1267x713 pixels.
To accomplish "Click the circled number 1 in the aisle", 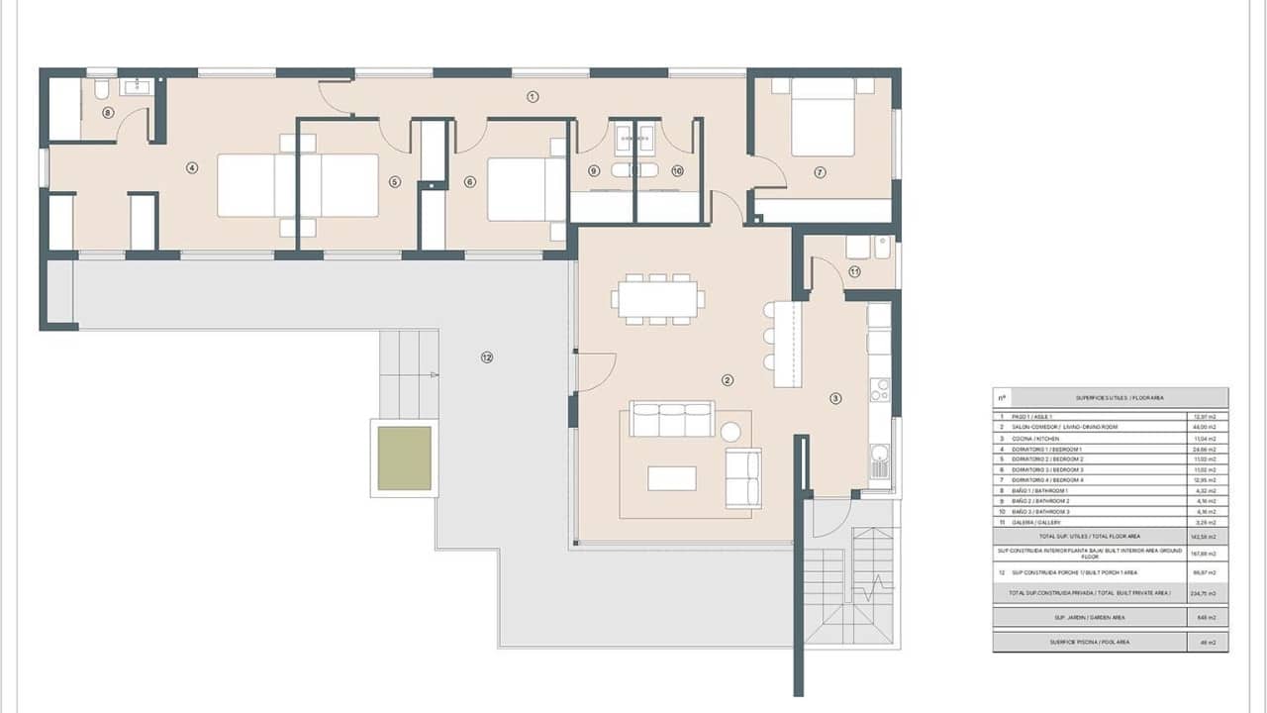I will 533,96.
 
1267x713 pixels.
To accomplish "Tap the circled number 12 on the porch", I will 486,356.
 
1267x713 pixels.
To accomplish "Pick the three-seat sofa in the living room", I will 673,420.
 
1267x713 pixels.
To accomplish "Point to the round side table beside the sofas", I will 731,432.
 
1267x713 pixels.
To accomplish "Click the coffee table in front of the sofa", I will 672,478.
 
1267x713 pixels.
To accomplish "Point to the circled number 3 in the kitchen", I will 835,399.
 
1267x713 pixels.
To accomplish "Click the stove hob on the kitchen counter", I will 879,390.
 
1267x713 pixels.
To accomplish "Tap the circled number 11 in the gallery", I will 853,271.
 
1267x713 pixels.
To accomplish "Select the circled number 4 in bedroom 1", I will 191,168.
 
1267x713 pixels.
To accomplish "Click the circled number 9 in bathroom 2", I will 594,170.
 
